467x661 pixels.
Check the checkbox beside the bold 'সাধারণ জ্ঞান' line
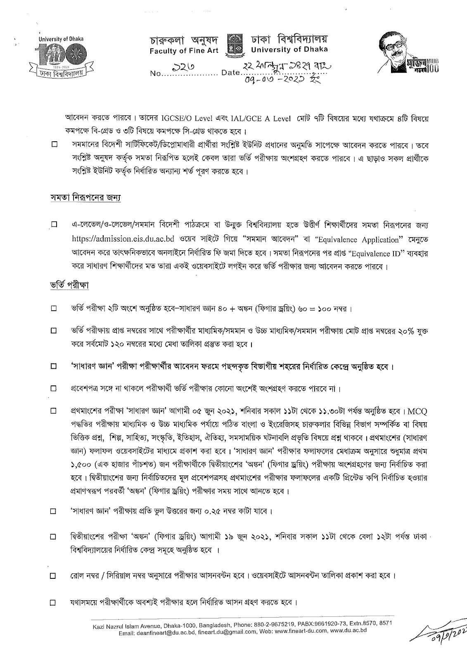(54, 366)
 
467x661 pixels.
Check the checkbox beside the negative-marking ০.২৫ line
(54, 512)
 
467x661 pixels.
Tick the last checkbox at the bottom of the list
(54, 603)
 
